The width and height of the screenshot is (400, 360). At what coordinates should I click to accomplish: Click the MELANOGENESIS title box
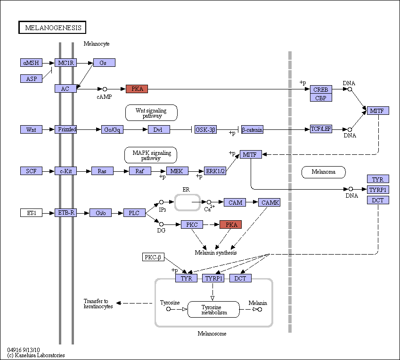pyautogui.click(x=52, y=27)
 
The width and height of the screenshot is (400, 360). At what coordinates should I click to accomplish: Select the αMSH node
pyautogui.click(x=31, y=63)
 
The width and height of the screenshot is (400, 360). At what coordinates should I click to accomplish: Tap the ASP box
pyautogui.click(x=31, y=79)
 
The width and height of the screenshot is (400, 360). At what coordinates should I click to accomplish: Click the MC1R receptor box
pyautogui.click(x=65, y=63)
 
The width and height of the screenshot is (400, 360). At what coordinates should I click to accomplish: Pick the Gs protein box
pyautogui.click(x=104, y=63)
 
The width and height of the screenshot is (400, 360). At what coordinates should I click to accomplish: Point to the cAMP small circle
pyautogui.click(x=105, y=89)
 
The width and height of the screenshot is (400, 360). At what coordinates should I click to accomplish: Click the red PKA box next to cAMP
pyautogui.click(x=137, y=88)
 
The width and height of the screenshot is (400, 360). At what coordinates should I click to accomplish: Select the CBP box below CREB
pyautogui.click(x=321, y=98)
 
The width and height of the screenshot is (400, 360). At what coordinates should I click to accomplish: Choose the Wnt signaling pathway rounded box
pyautogui.click(x=151, y=112)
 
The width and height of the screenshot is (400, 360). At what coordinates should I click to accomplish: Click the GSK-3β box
pyautogui.click(x=205, y=129)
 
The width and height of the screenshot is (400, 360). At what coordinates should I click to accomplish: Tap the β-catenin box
pyautogui.click(x=252, y=129)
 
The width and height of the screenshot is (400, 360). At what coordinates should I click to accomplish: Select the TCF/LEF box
pyautogui.click(x=321, y=129)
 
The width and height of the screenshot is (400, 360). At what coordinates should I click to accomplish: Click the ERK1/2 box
pyautogui.click(x=215, y=171)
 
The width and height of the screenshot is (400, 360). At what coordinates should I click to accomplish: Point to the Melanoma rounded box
pyautogui.click(x=324, y=172)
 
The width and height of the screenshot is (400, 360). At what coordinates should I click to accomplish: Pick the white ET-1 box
pyautogui.click(x=31, y=213)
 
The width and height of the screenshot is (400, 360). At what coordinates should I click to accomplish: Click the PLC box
pyautogui.click(x=134, y=213)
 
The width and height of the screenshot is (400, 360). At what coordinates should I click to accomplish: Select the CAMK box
pyautogui.click(x=269, y=202)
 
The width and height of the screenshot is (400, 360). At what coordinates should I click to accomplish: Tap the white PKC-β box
pyautogui.click(x=153, y=257)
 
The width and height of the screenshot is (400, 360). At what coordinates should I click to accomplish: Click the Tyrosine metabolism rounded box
pyautogui.click(x=213, y=310)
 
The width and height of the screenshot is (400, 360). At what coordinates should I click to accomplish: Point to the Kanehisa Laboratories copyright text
pyautogui.click(x=36, y=355)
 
